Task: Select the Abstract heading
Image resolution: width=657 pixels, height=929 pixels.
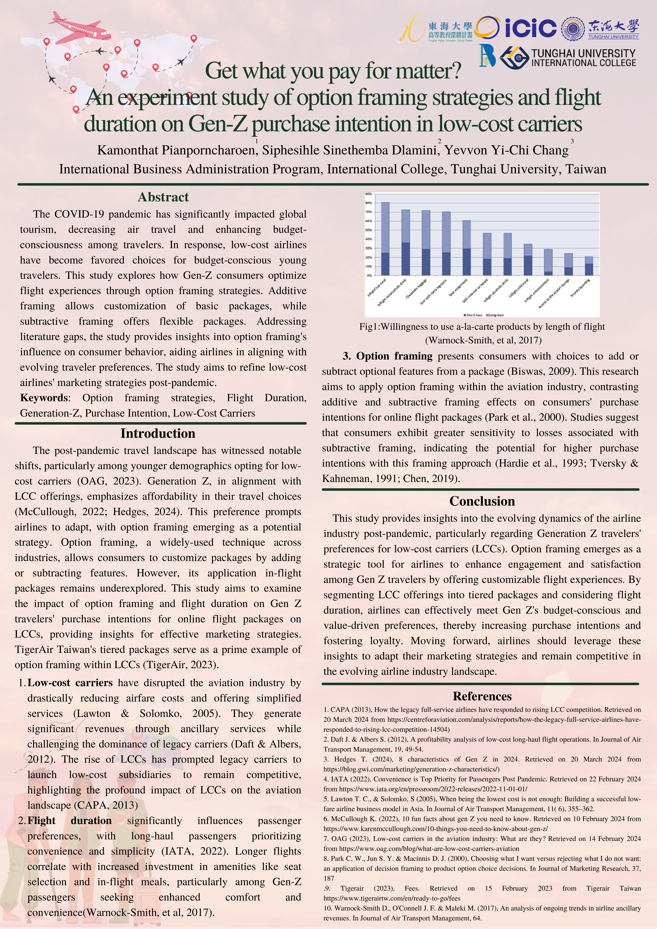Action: point(163,197)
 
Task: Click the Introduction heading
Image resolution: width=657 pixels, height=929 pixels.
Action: point(158,433)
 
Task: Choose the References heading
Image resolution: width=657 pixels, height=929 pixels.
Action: point(482,696)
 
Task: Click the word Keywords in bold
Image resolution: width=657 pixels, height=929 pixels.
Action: point(44,398)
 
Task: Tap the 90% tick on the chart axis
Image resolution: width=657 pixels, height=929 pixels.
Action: point(368,194)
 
